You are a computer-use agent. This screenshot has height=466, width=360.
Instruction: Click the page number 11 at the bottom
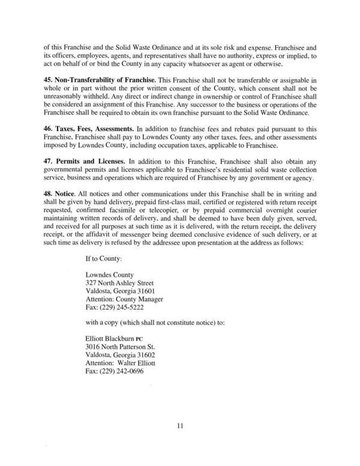(179, 426)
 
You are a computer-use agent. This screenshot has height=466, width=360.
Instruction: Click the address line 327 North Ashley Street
(120, 283)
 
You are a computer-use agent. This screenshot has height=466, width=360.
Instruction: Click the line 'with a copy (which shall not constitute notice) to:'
(155, 323)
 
